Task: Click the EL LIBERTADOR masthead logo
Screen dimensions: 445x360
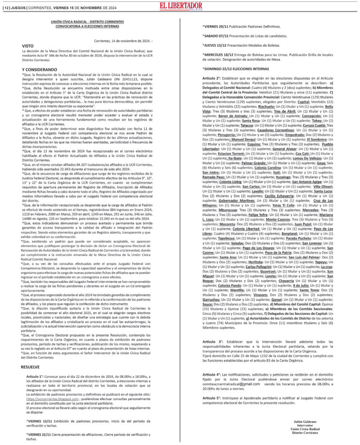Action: [x=180, y=6]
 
